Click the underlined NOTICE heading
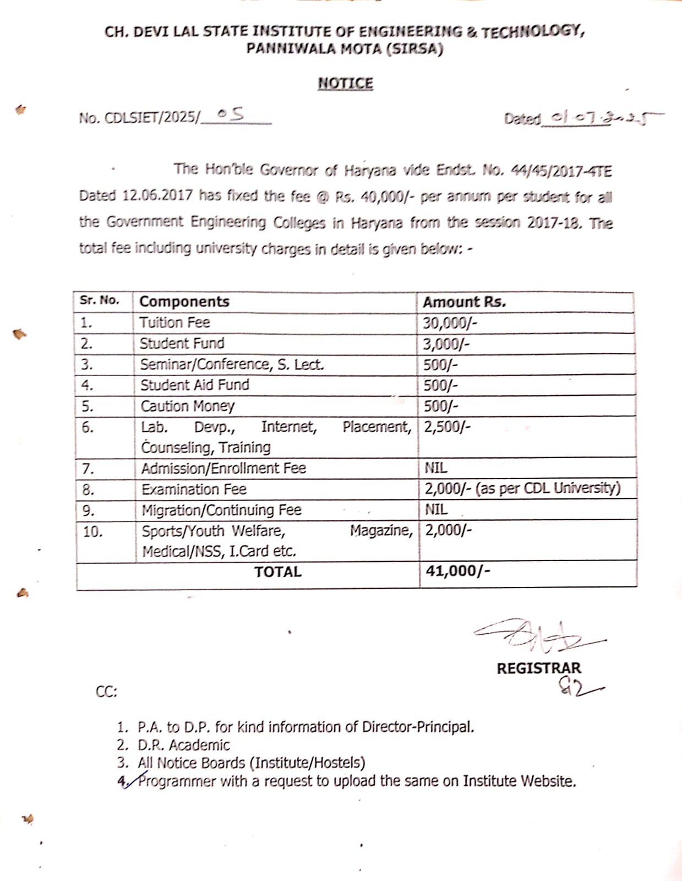tap(345, 84)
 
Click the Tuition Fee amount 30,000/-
tap(450, 323)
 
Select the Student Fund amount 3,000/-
tap(446, 344)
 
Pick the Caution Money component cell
tap(188, 406)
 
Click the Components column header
tap(184, 302)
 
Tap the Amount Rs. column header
tap(464, 302)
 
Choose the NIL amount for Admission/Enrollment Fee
tap(436, 468)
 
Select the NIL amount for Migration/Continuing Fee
tap(436, 509)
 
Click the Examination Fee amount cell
tap(522, 488)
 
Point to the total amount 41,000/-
tap(457, 570)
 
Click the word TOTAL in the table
tap(278, 572)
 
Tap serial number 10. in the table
tap(92, 531)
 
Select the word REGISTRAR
tap(538, 668)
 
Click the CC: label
tap(106, 692)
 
